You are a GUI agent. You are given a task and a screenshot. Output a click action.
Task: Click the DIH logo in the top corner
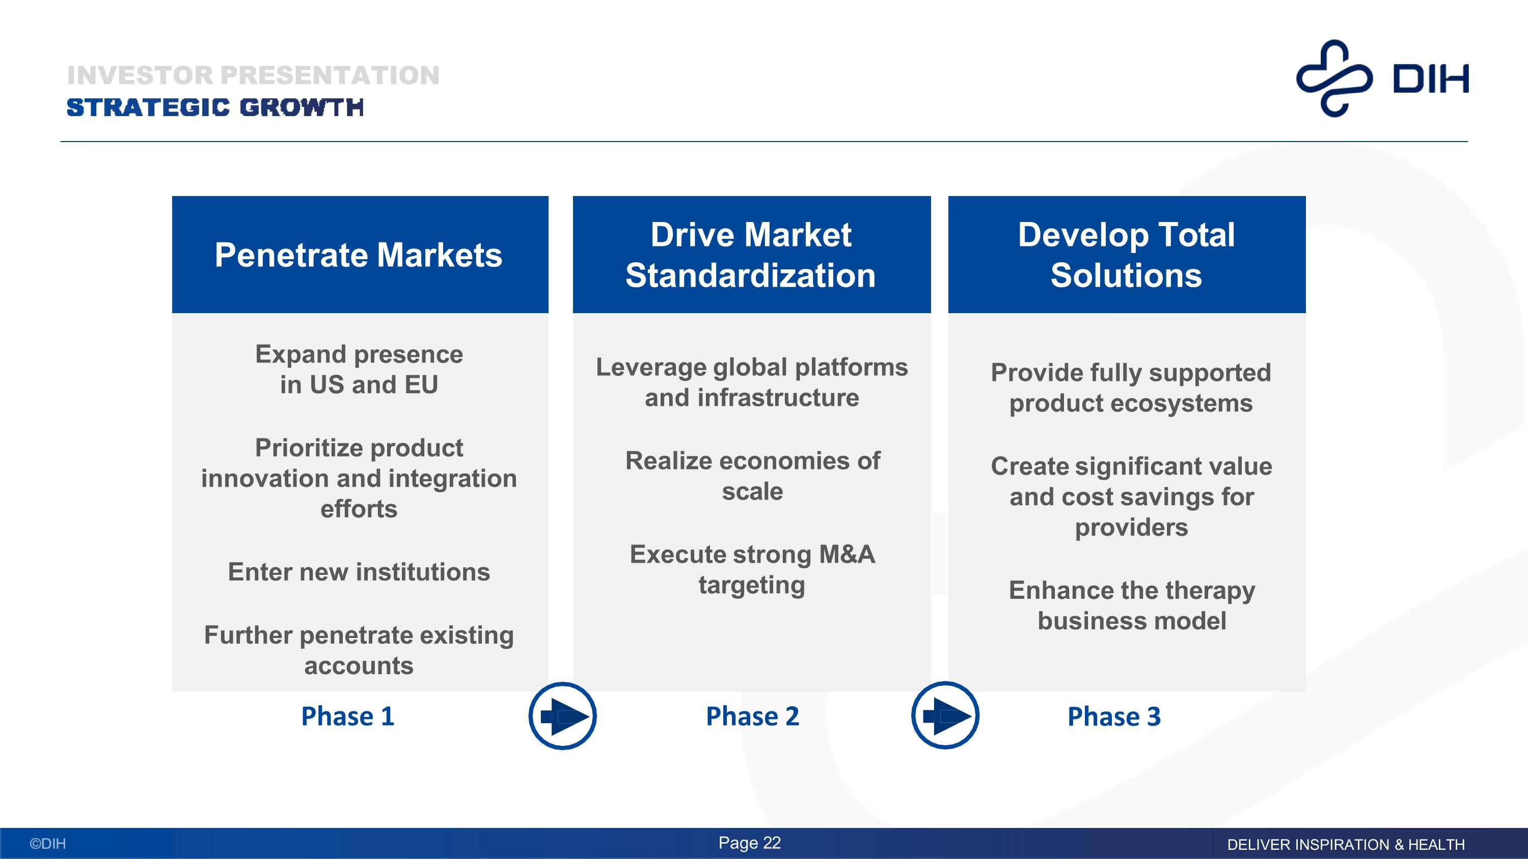1382,78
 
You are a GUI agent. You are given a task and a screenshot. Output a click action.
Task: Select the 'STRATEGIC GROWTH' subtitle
215,108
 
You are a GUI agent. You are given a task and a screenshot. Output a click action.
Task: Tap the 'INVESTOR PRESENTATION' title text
253,75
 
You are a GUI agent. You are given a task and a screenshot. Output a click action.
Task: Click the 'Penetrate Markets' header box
360,255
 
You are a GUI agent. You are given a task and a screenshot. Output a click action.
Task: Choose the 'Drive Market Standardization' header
751,255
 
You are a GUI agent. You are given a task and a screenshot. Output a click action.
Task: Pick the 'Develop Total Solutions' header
1127,255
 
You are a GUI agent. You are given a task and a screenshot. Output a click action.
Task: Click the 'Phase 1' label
347,716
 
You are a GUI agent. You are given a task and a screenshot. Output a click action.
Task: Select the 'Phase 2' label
752,716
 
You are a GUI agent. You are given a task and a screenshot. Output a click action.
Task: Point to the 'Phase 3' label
1114,716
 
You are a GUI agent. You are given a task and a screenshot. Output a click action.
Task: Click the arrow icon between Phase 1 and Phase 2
562,716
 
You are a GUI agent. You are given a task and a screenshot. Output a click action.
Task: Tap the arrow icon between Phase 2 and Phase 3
945,715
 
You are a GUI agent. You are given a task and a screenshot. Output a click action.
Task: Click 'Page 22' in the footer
750,843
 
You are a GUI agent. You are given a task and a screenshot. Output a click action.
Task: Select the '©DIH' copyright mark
48,844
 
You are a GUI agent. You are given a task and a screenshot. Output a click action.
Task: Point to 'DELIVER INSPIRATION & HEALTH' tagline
1346,844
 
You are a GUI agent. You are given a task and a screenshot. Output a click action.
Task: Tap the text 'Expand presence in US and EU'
359,369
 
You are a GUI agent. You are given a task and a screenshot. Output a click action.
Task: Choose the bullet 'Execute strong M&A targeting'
752,570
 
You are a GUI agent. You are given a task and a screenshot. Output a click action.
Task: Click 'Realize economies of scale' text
752,476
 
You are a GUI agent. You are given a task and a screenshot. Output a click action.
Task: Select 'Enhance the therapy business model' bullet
1132,605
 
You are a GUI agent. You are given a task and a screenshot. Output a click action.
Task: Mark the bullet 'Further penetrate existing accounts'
359,650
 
